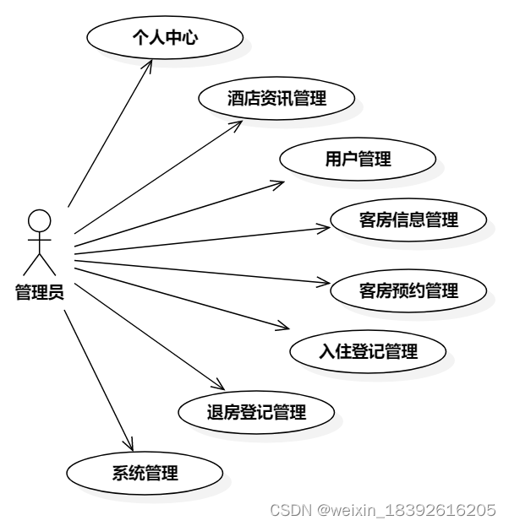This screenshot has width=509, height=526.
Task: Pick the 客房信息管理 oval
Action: [408, 220]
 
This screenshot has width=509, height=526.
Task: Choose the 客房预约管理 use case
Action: [408, 291]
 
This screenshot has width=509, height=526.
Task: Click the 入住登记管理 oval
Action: [368, 351]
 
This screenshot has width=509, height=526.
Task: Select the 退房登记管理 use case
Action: [256, 413]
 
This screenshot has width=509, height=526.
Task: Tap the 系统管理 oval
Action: [145, 473]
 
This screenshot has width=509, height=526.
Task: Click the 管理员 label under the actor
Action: [39, 293]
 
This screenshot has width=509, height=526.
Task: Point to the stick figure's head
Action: [39, 220]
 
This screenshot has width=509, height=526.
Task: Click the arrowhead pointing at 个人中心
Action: [153, 62]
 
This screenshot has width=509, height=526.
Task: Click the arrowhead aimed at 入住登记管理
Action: [288, 328]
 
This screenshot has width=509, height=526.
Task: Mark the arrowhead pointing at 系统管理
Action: [130, 446]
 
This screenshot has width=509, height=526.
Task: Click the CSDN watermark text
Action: [381, 510]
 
